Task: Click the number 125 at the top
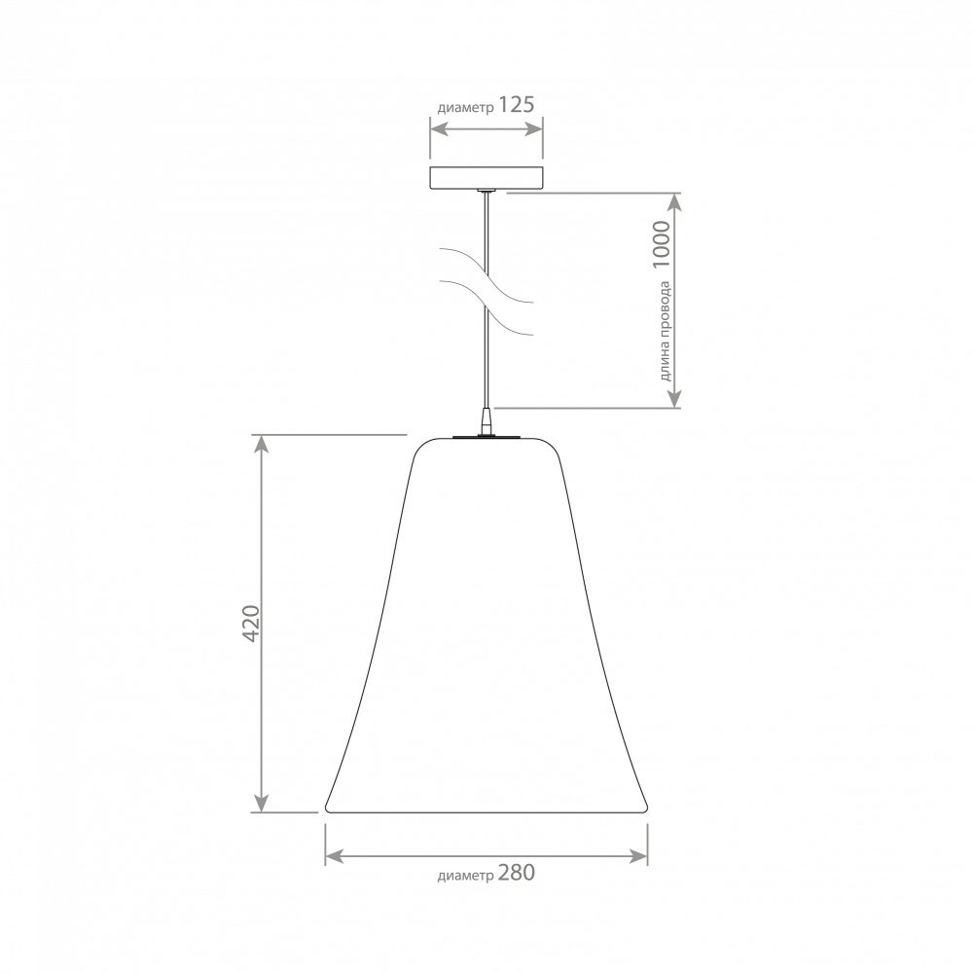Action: pos(517,105)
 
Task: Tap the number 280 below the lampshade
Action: pos(516,873)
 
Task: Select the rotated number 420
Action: pos(251,623)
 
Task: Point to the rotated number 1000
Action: pos(662,244)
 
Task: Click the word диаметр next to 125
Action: pos(465,108)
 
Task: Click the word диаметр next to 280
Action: pos(465,876)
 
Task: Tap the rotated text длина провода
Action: pos(665,331)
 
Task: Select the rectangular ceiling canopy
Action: pos(486,177)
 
